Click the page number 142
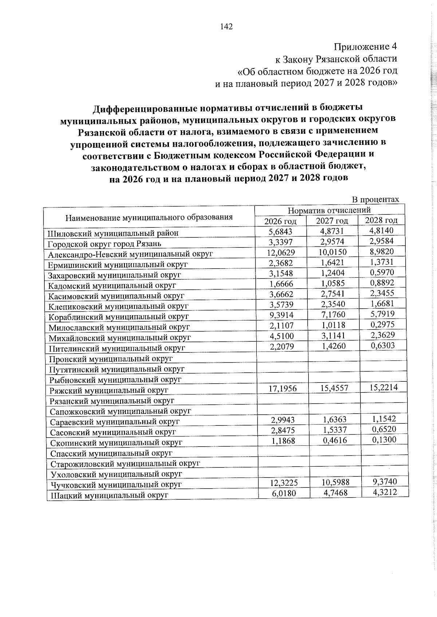pos(226,27)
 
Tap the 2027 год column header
pos(332,221)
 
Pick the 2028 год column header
pos(381,220)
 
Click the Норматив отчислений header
pos(329,210)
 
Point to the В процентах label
pos(375,199)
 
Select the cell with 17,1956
pos(282,389)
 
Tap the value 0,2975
pos(382,324)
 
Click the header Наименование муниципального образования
pos(149,218)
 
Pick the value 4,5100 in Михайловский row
pos(282,336)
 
